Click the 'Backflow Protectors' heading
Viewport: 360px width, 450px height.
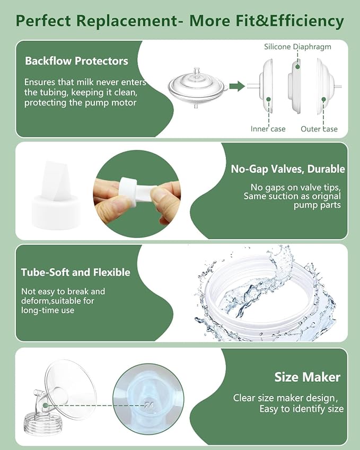point(76,61)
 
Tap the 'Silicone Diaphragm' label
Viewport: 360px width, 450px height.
point(297,47)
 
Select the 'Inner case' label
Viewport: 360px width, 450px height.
point(268,129)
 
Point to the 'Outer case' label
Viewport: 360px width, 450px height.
point(319,129)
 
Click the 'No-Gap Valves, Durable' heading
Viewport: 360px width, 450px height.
point(287,169)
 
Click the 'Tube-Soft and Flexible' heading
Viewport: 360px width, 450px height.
point(75,272)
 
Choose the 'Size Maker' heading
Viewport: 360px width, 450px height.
point(307,377)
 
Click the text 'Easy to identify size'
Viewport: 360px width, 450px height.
point(301,409)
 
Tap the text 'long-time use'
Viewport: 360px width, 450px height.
point(48,311)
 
